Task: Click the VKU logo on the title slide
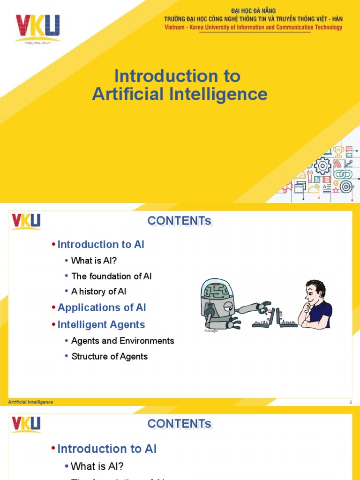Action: pyautogui.click(x=37, y=27)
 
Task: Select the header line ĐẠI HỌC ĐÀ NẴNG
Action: pyautogui.click(x=253, y=11)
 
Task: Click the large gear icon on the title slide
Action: pyautogui.click(x=322, y=166)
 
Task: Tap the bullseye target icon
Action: pyautogui.click(x=346, y=187)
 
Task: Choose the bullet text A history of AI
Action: pyautogui.click(x=98, y=292)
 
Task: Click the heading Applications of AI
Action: pyautogui.click(x=102, y=307)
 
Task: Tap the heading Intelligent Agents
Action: pyautogui.click(x=101, y=324)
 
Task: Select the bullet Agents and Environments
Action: pyautogui.click(x=122, y=341)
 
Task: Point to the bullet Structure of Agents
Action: pyautogui.click(x=109, y=356)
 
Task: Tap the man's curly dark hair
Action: pyautogui.click(x=317, y=286)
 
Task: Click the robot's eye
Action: pyautogui.click(x=228, y=307)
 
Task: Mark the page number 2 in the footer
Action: pyautogui.click(x=350, y=402)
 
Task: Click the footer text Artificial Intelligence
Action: pyautogui.click(x=30, y=402)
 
